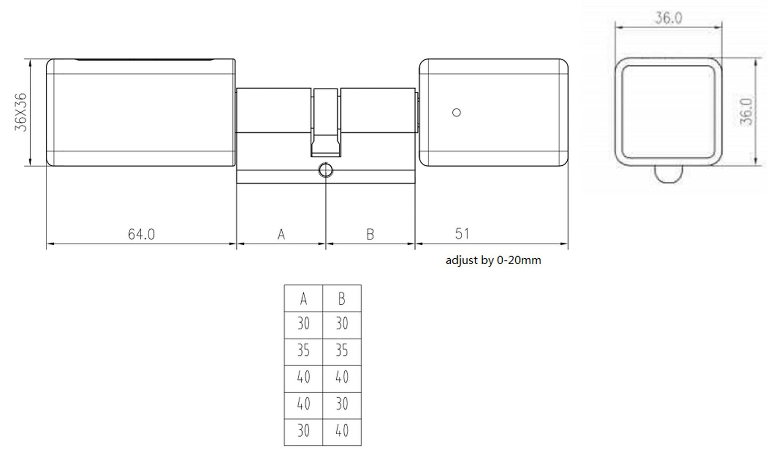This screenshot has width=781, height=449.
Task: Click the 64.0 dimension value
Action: pyautogui.click(x=141, y=234)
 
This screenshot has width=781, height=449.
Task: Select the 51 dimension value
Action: pyautogui.click(x=462, y=233)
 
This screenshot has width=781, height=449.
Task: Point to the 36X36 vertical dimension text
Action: pyautogui.click(x=21, y=112)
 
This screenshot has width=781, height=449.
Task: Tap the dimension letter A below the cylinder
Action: pyautogui.click(x=281, y=234)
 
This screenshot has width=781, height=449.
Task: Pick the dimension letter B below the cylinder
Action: pyautogui.click(x=370, y=234)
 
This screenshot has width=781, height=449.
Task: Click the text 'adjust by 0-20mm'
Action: pyautogui.click(x=493, y=260)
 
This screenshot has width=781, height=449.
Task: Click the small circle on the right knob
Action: pyautogui.click(x=456, y=112)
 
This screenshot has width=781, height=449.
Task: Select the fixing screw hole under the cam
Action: pyautogui.click(x=325, y=170)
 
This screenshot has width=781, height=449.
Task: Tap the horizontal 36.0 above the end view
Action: pyautogui.click(x=669, y=18)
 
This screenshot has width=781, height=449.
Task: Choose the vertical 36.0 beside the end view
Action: pyautogui.click(x=746, y=112)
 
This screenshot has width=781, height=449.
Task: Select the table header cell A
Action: pyautogui.click(x=303, y=298)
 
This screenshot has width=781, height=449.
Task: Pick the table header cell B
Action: pyautogui.click(x=342, y=298)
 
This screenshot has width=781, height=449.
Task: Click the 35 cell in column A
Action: pyautogui.click(x=303, y=351)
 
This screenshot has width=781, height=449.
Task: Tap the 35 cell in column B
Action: pyautogui.click(x=342, y=351)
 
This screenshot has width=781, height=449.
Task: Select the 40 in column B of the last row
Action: pyautogui.click(x=342, y=431)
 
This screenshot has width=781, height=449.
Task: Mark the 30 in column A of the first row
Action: pyautogui.click(x=303, y=324)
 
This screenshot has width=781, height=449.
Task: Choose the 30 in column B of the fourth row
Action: pyautogui.click(x=342, y=404)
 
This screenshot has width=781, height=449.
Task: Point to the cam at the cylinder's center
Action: pyautogui.click(x=325, y=122)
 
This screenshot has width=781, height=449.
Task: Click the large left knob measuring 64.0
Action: pyautogui.click(x=141, y=112)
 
